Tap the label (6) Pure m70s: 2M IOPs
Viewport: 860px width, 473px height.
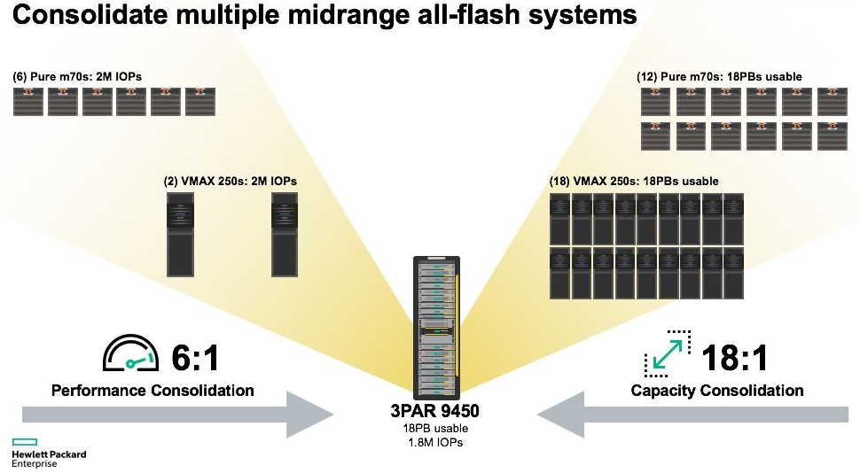click(x=77, y=77)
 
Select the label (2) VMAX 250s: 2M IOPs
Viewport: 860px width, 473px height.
click(x=230, y=181)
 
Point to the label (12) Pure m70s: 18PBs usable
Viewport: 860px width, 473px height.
click(x=719, y=77)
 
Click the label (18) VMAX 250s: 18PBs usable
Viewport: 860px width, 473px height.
click(x=634, y=181)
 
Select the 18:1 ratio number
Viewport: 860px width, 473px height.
click(x=734, y=358)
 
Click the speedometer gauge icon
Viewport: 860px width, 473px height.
click(x=131, y=353)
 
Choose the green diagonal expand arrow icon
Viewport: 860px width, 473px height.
click(x=667, y=355)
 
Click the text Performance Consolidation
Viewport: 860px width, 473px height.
click(x=152, y=391)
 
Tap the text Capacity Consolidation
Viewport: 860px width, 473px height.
click(x=717, y=391)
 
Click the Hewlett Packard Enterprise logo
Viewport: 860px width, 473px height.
click(x=48, y=453)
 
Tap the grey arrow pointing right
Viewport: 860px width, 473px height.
click(x=177, y=415)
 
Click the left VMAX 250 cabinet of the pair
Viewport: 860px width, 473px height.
click(x=181, y=234)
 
